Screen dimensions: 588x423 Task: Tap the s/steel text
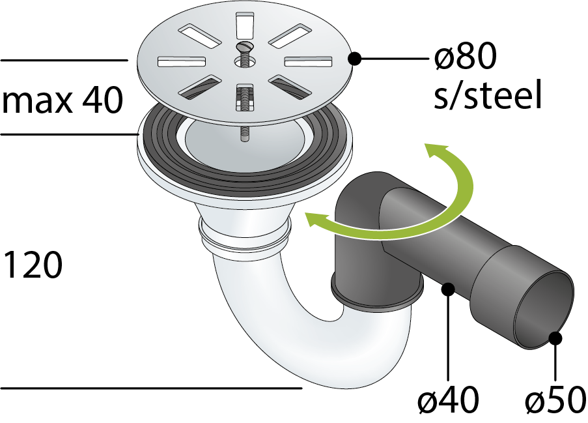point(488,94)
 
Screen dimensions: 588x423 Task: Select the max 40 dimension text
point(63,100)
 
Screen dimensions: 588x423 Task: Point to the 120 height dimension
point(33,265)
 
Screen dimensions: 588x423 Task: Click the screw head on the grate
point(245,47)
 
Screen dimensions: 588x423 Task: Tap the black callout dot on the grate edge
point(354,59)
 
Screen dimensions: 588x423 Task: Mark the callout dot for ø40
point(448,289)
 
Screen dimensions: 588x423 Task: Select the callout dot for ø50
point(555,338)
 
